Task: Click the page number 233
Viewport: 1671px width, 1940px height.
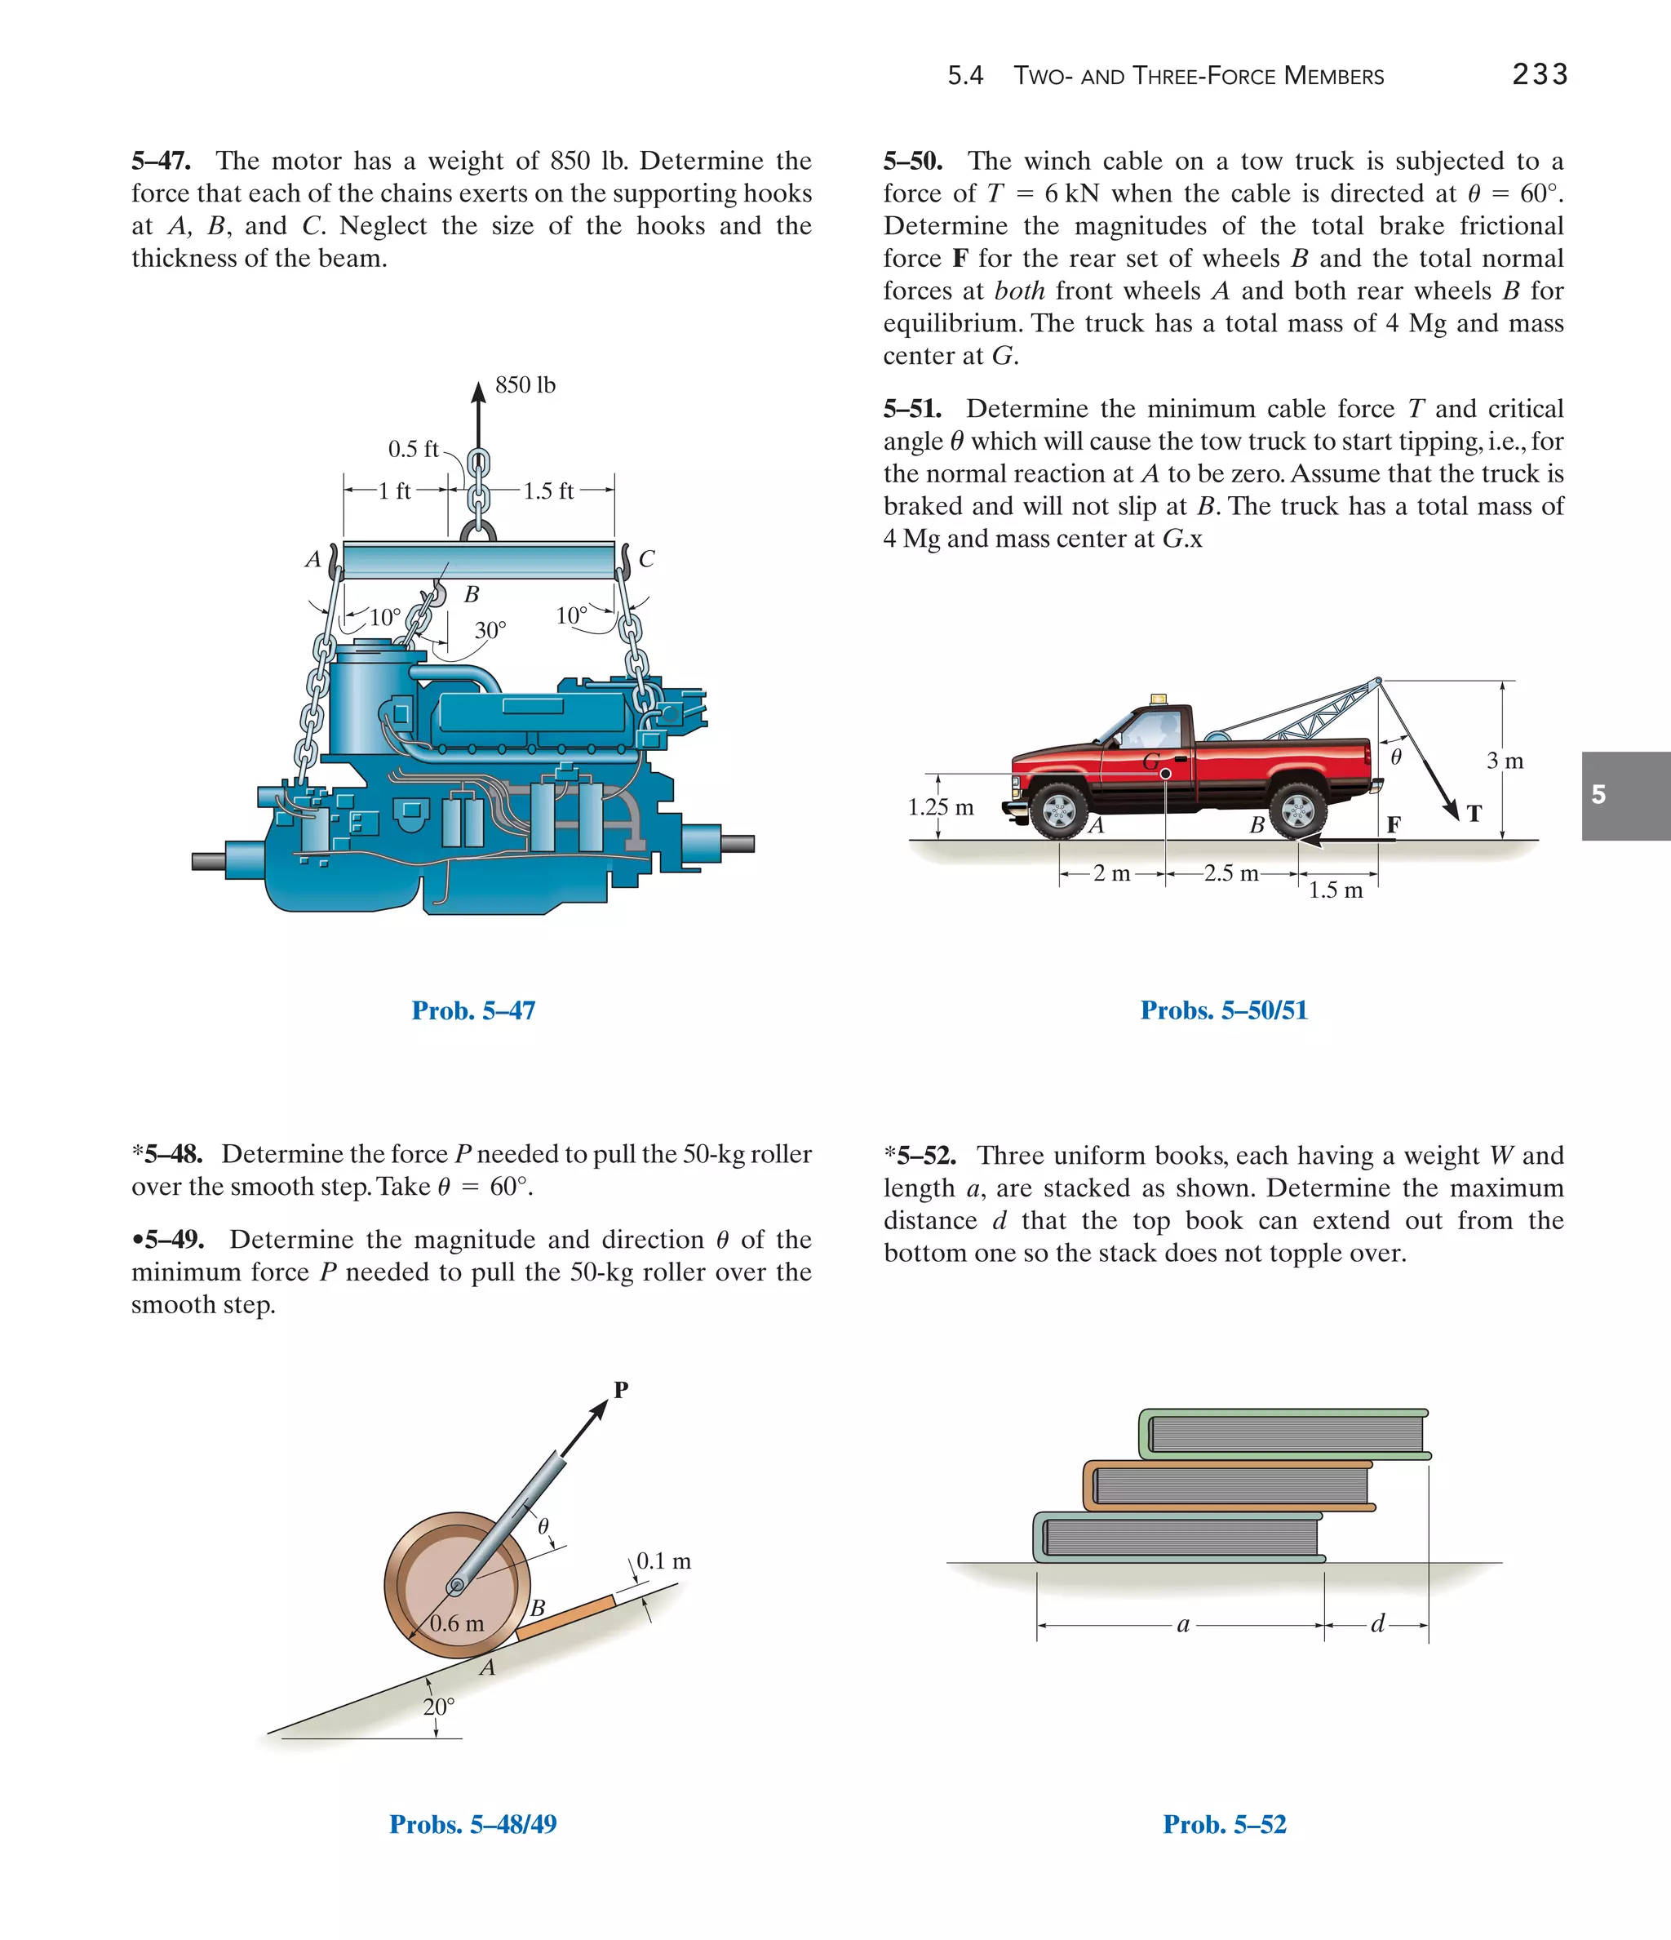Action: [1539, 74]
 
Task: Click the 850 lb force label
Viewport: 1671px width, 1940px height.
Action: [525, 384]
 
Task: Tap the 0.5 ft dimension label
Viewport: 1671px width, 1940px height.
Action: [413, 450]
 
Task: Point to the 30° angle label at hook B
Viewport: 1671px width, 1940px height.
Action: [490, 630]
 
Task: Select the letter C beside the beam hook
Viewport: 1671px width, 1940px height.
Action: [646, 559]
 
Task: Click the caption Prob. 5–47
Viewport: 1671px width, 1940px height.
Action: [472, 1010]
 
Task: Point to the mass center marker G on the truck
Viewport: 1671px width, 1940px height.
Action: [1165, 774]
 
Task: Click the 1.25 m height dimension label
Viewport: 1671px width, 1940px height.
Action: [940, 806]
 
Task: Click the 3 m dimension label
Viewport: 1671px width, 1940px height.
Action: [1505, 761]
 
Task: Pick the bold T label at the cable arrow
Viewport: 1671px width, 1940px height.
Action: [1474, 814]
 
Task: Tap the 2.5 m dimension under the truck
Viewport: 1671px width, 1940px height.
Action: [1231, 873]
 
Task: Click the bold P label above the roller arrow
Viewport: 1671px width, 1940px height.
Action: [621, 1389]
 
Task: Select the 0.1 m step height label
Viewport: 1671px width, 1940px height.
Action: [663, 1560]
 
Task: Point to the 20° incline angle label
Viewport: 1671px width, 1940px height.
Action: [438, 1707]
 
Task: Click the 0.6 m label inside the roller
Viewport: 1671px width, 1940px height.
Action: [457, 1623]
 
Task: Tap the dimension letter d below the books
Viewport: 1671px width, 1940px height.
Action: [1376, 1623]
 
